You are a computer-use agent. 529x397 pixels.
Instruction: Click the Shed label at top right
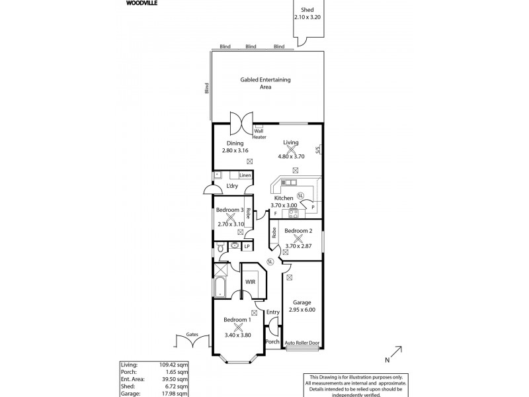(307, 10)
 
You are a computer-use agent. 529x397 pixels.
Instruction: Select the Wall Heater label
(259, 134)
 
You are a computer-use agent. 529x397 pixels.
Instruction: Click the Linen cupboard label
(245, 175)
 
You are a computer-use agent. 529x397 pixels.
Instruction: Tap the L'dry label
(232, 186)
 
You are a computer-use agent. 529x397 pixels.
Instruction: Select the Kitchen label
(284, 198)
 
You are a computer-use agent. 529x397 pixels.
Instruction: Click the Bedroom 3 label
(231, 210)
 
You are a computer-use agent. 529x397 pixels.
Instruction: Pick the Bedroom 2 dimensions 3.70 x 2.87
(298, 246)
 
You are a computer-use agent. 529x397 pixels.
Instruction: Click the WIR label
(251, 282)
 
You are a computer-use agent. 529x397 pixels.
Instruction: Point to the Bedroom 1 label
(237, 320)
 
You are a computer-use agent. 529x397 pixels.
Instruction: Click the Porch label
(272, 341)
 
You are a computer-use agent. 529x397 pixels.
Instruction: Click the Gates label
(192, 335)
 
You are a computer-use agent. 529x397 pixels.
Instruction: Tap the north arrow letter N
(387, 360)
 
